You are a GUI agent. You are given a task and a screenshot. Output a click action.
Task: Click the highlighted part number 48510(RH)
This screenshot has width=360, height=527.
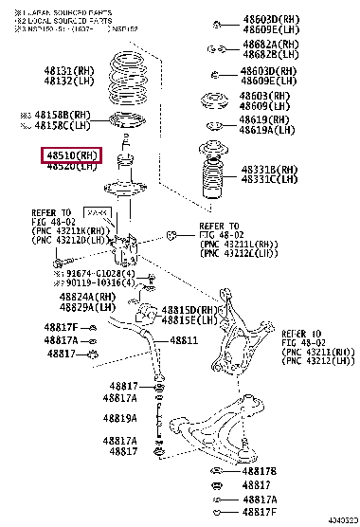69,155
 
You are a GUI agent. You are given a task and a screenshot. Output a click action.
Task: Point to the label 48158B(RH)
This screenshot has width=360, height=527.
68,115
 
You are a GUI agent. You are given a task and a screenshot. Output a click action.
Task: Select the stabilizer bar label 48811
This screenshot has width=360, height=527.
185,339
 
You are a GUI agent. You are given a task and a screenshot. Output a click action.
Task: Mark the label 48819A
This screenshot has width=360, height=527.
120,418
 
